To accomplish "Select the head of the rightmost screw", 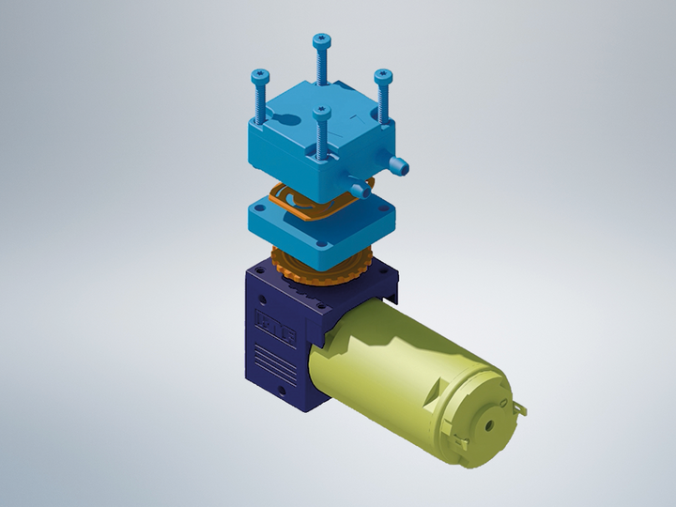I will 382,74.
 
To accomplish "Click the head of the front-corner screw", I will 322,114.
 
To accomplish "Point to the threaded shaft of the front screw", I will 323,139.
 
